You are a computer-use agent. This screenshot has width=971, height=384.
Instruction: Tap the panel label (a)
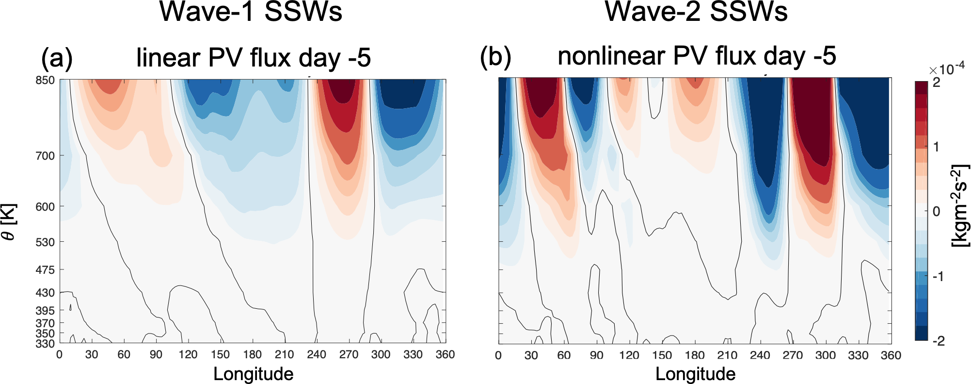click(57, 58)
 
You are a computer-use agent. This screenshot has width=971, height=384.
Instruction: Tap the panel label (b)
click(495, 57)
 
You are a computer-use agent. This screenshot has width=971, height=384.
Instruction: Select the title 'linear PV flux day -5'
click(254, 58)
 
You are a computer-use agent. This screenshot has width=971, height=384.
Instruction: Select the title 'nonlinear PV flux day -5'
click(697, 56)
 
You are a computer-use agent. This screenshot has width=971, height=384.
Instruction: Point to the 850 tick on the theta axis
click(45, 80)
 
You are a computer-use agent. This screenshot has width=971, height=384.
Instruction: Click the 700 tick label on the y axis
click(45, 156)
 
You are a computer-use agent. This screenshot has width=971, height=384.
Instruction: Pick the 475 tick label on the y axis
click(45, 269)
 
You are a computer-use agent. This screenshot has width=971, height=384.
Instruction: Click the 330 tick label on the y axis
click(45, 344)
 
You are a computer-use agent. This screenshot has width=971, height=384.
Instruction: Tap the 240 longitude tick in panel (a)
click(317, 354)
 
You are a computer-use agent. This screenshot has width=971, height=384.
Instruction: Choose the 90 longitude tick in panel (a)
click(156, 354)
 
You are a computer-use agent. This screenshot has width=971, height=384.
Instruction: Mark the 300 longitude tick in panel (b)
click(825, 355)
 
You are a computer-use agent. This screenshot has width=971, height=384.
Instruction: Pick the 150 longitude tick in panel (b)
click(662, 355)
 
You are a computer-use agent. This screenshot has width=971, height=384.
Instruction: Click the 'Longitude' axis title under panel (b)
click(695, 374)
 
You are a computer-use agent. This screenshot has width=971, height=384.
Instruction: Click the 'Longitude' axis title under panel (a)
click(253, 374)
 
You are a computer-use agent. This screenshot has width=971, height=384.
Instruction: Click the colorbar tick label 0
click(936, 212)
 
